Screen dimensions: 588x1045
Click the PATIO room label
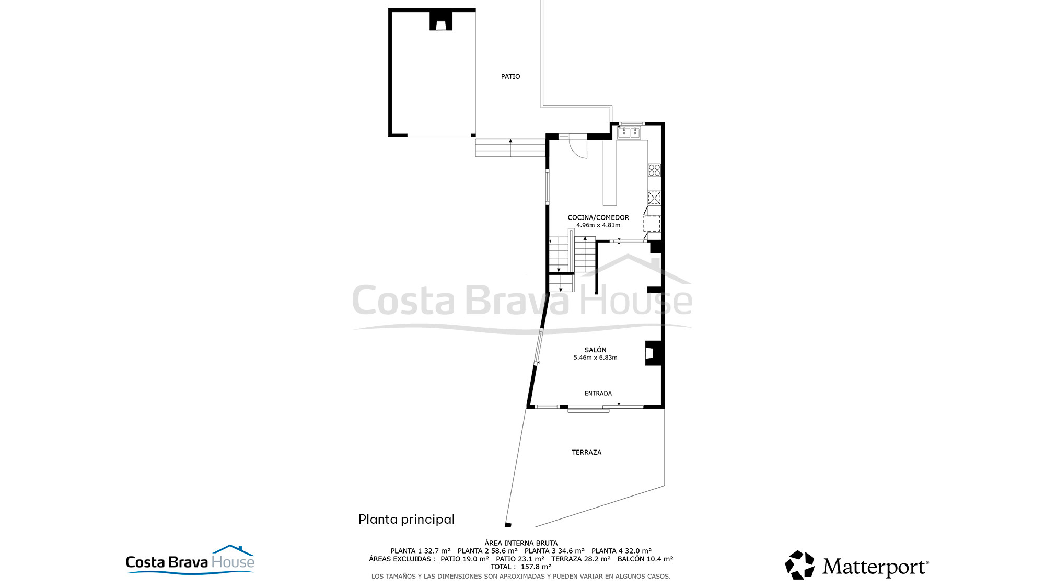click(x=510, y=76)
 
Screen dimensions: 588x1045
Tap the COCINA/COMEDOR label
click(x=598, y=217)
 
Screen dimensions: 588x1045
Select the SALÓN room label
click(x=595, y=350)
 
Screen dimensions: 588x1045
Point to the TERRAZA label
click(x=586, y=452)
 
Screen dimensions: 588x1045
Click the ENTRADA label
click(x=598, y=394)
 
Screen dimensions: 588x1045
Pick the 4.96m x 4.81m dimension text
click(x=598, y=225)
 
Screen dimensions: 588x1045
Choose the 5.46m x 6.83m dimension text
click(x=595, y=358)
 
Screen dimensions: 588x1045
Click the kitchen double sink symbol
click(x=629, y=133)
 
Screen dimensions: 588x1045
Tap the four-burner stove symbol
click(x=654, y=170)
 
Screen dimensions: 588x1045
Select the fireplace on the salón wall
click(x=653, y=353)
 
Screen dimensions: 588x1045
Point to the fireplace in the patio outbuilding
click(x=440, y=22)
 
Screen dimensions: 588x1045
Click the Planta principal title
click(x=407, y=519)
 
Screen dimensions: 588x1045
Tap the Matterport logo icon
click(x=799, y=565)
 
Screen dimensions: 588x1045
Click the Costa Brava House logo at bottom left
click(x=190, y=560)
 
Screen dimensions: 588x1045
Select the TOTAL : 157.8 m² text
click(x=521, y=567)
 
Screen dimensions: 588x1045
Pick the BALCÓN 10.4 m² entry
click(x=645, y=559)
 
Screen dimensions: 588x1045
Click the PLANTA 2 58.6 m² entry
click(x=487, y=551)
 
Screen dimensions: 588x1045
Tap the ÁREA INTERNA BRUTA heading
click(x=521, y=543)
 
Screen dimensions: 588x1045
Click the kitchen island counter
click(x=610, y=172)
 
